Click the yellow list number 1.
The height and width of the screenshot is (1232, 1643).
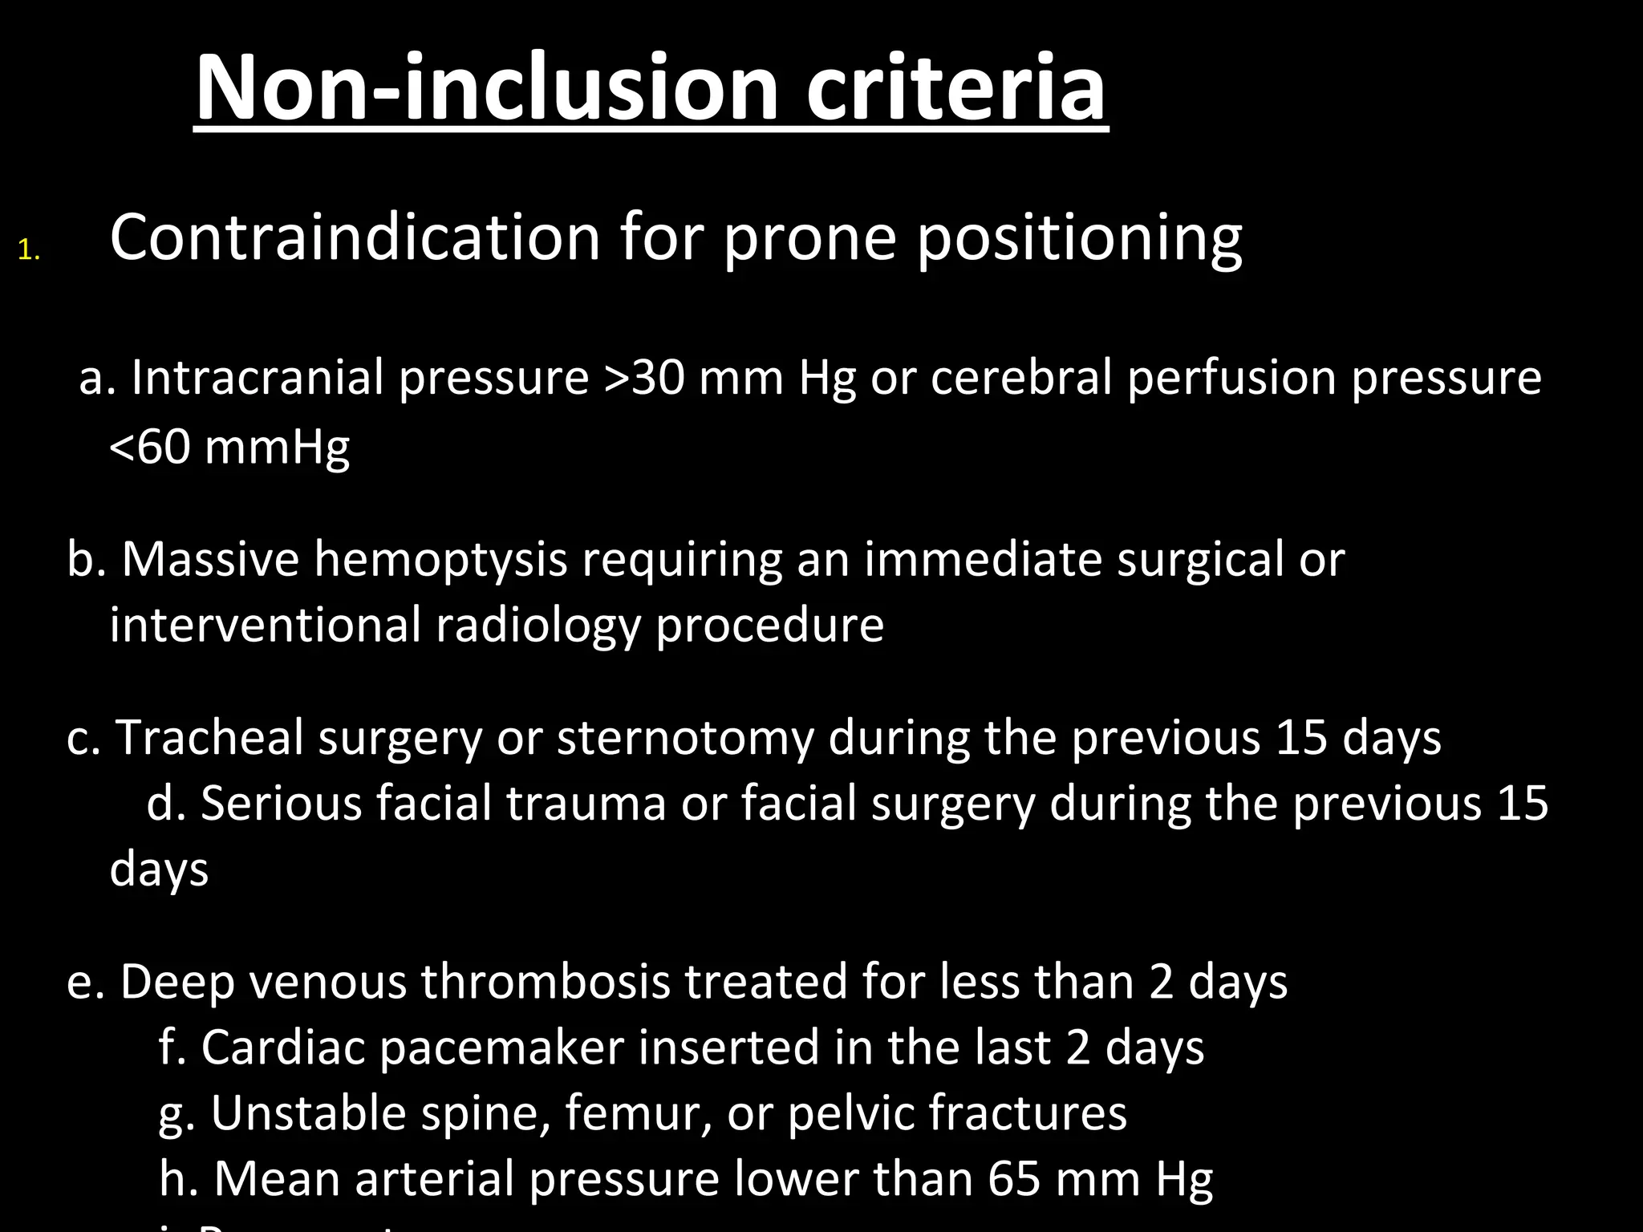[29, 252]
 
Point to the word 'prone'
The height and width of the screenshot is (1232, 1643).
[809, 239]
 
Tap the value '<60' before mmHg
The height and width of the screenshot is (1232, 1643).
[149, 446]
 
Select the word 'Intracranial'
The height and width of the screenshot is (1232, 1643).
[258, 377]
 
